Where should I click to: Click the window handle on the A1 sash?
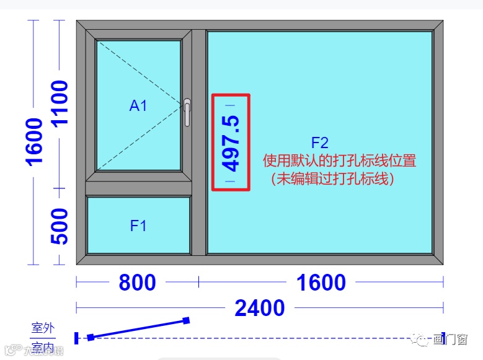(187, 112)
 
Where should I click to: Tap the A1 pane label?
(138, 106)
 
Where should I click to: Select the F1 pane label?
(138, 226)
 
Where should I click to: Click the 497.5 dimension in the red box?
(231, 143)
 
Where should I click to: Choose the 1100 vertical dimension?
(60, 103)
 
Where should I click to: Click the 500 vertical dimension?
(60, 227)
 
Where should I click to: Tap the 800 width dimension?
(137, 283)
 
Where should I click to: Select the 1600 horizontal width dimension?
(321, 283)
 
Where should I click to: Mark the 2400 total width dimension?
(259, 307)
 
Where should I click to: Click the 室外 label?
(43, 328)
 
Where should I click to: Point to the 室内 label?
(43, 346)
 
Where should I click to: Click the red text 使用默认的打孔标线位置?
(339, 161)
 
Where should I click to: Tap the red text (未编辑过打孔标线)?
(332, 179)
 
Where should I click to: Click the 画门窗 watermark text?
(450, 340)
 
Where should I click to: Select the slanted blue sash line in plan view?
(138, 328)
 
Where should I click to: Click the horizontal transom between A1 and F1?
(138, 187)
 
